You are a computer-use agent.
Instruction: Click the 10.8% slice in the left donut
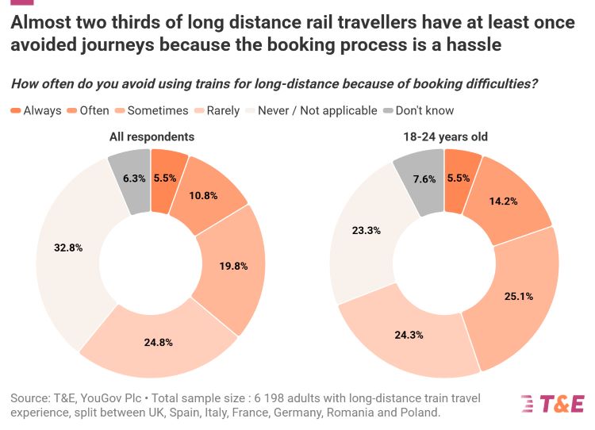202,194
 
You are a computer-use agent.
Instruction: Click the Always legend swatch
16,111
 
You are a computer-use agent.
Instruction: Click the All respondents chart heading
152,136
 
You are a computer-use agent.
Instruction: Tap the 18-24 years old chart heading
445,136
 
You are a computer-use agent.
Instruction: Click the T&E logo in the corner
552,404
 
